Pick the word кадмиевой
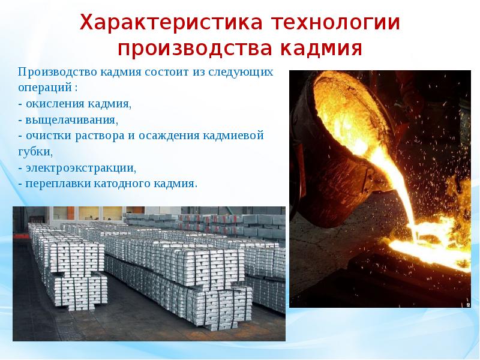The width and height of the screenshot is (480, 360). click(x=236, y=135)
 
